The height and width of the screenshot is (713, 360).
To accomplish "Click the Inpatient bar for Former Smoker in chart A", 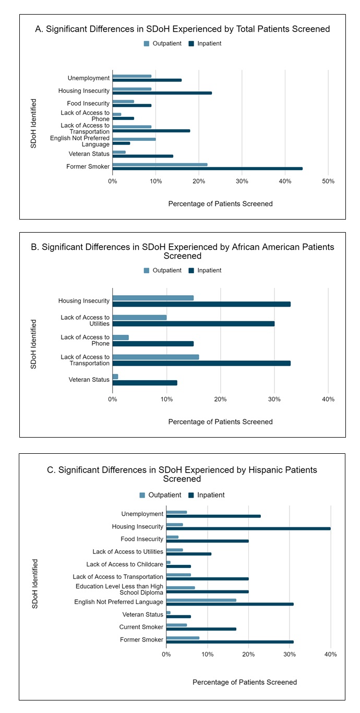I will [x=207, y=168].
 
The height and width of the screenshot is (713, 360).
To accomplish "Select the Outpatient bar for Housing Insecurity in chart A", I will [x=132, y=89].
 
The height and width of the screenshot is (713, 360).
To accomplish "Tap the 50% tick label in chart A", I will [x=328, y=181].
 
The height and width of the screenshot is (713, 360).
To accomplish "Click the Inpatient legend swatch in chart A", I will [x=192, y=44].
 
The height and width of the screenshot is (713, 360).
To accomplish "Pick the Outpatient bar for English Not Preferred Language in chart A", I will [x=134, y=139].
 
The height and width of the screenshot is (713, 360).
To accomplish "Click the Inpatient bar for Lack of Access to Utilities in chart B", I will [x=194, y=323].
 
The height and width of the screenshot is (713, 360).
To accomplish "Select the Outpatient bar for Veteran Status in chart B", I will [x=115, y=377].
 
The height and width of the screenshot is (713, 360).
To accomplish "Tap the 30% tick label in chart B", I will [x=274, y=399].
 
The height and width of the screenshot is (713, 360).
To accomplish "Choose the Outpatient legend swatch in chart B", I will [x=147, y=271].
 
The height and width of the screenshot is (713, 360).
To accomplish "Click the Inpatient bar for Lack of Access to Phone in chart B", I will [x=153, y=343].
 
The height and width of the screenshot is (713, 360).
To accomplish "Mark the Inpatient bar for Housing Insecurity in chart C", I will [x=248, y=528].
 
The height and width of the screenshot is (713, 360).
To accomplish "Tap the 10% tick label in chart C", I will [x=207, y=654].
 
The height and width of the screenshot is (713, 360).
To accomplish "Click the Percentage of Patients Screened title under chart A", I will [x=220, y=204].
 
